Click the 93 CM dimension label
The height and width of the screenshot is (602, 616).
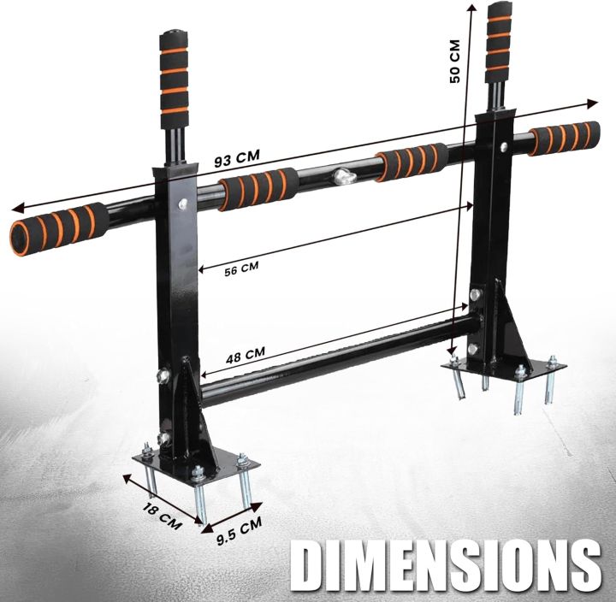click(237, 159)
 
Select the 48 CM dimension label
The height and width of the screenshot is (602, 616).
click(245, 352)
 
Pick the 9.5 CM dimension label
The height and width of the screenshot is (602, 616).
click(239, 532)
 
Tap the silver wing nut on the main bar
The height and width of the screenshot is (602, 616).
click(344, 177)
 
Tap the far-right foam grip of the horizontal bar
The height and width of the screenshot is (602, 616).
click(563, 138)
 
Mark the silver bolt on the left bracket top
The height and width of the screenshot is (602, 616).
click(181, 204)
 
